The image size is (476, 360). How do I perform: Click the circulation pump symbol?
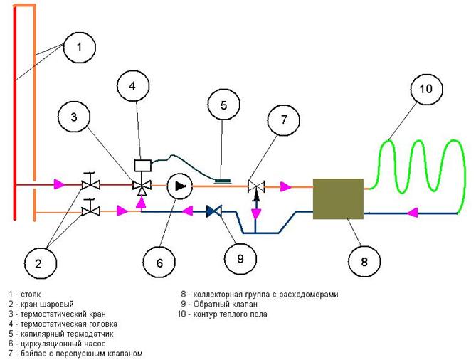(180, 186)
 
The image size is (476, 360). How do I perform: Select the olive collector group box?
(338, 198)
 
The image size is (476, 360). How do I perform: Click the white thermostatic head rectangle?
(143, 165)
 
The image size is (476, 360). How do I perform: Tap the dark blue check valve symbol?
(214, 211)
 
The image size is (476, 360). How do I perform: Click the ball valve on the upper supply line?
(90, 182)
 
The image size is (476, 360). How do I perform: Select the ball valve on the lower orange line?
(90, 209)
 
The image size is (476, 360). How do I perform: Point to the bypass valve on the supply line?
(256, 186)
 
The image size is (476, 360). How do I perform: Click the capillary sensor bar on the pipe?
(223, 181)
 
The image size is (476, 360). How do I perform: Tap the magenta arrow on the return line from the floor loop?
(412, 213)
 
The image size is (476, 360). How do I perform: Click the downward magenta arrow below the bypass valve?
(256, 214)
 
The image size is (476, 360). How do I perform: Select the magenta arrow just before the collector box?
(285, 186)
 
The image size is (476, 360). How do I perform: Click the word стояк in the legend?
(31, 295)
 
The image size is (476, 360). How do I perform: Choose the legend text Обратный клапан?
(226, 304)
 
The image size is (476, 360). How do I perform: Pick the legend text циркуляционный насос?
(63, 344)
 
